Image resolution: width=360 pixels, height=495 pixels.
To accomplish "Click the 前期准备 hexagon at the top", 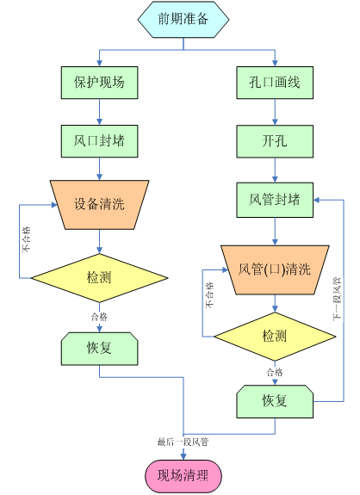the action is pyautogui.click(x=183, y=20).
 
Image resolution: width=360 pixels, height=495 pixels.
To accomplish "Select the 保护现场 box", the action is pyautogui.click(x=100, y=83).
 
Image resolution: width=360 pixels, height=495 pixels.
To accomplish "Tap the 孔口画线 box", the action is pyautogui.click(x=275, y=83).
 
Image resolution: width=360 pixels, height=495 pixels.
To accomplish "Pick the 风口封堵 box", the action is pyautogui.click(x=100, y=141).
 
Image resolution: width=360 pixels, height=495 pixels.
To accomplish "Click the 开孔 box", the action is pyautogui.click(x=275, y=141).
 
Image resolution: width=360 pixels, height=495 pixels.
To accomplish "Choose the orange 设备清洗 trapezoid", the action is pyautogui.click(x=100, y=205).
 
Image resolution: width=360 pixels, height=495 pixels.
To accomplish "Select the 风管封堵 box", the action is pyautogui.click(x=275, y=200).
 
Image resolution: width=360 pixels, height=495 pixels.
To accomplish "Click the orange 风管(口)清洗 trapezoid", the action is pyautogui.click(x=275, y=270).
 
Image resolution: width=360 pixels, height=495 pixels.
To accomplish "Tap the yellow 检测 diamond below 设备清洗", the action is pyautogui.click(x=100, y=278).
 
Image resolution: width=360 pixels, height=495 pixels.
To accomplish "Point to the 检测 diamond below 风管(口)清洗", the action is pyautogui.click(x=275, y=337).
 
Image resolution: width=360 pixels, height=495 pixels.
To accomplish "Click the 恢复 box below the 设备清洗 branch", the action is pyautogui.click(x=100, y=349).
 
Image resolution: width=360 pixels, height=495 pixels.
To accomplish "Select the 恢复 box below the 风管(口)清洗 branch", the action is pyautogui.click(x=275, y=401).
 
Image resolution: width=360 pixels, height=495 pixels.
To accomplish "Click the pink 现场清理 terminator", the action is pyautogui.click(x=183, y=476).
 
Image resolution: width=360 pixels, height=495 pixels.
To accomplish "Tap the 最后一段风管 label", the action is pyautogui.click(x=183, y=442).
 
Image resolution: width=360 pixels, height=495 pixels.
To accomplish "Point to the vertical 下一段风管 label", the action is pyautogui.click(x=338, y=299).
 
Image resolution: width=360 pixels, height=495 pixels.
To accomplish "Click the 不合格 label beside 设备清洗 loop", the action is pyautogui.click(x=27, y=239).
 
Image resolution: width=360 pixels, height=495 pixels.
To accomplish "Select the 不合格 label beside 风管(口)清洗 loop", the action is pyautogui.click(x=209, y=295).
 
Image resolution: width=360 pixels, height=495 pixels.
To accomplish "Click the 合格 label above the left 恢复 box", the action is pyautogui.click(x=99, y=317).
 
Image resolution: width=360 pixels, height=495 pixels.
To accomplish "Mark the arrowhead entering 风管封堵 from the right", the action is pyautogui.click(x=316, y=200).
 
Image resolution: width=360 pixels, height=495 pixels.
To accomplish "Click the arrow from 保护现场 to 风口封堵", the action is pyautogui.click(x=100, y=112).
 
